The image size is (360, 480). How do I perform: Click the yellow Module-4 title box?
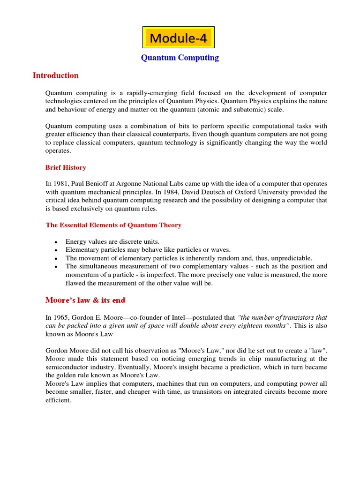(178, 37)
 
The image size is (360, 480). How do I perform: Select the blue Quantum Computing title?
(180, 58)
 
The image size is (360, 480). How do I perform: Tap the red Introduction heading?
(55, 75)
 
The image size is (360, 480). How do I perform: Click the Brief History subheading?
(66, 167)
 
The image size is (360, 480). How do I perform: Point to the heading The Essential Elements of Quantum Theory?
(113, 225)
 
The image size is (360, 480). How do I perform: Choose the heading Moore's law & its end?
(85, 300)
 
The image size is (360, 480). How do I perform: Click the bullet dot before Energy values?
(56, 242)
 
